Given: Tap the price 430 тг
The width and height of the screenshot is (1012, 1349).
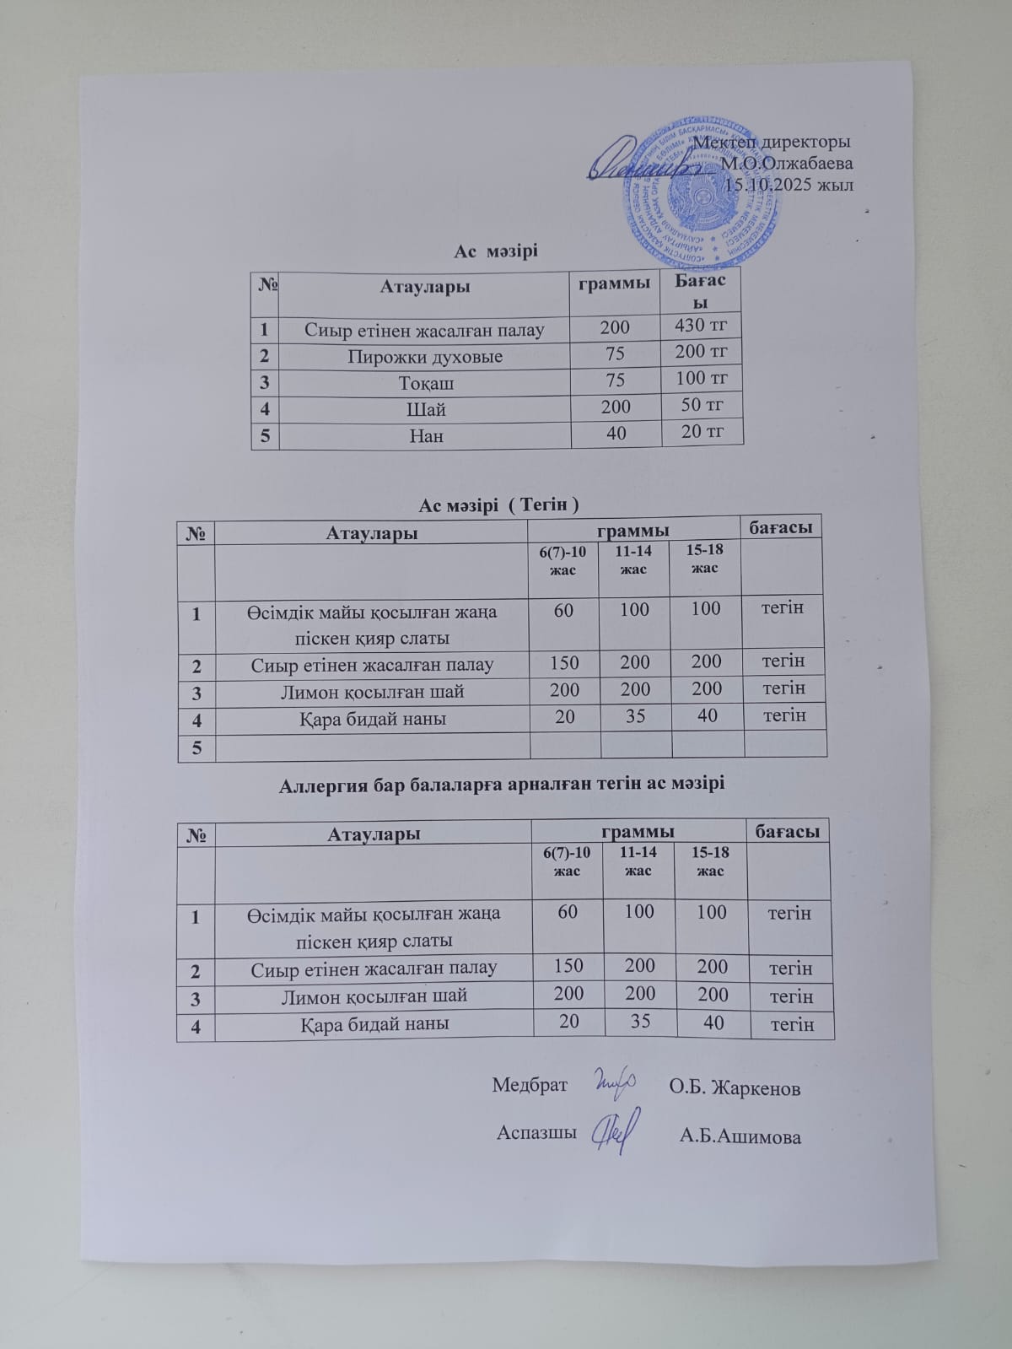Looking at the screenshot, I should point(701,325).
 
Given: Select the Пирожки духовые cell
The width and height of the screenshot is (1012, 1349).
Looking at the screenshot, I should point(425,356).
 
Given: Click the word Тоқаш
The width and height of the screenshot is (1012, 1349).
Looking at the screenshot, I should point(426,383).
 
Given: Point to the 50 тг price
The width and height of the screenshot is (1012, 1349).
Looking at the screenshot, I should point(702,405).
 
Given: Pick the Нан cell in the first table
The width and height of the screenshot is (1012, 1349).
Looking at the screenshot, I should point(426,436).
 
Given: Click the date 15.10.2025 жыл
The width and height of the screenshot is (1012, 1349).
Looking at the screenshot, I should point(789,185).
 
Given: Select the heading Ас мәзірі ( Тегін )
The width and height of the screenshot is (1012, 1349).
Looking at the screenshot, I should point(498,505).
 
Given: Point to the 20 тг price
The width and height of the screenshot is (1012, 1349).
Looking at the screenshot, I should point(702,432).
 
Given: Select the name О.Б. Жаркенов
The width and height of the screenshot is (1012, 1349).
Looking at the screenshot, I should point(735,1087).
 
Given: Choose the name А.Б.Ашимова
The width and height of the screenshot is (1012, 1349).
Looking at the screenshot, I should point(740,1136).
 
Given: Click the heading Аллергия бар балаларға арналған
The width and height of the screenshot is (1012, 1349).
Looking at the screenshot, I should point(501,783).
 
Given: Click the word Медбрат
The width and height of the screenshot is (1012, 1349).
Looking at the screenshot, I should point(530,1084).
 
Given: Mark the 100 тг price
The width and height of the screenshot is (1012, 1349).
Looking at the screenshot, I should point(702,378).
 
